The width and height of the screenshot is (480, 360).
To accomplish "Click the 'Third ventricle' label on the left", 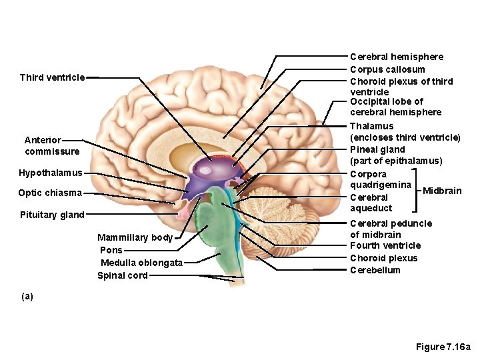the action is pos(52,77).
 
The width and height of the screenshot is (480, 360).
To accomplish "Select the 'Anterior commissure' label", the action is pos(51,146).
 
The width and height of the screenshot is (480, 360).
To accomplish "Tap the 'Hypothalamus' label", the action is pos(51,173).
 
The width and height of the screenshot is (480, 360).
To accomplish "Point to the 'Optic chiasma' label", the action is pos(50,193).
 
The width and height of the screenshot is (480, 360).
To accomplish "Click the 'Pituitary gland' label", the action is pos(51,215).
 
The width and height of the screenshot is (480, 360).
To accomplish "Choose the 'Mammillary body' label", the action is pos(135,237).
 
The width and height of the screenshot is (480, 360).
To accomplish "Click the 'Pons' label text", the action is pos(111,250).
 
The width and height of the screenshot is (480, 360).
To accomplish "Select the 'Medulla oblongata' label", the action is pos(141,263).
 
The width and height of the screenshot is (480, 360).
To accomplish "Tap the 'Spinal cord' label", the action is pos(123,275).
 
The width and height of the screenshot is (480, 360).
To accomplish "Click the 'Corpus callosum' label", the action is pos(387,69).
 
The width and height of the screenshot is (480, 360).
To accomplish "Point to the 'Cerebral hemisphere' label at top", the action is pos(396,57).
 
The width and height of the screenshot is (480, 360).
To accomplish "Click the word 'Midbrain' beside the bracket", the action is pos(442,191).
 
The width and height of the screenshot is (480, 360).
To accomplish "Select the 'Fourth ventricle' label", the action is pos(385,245).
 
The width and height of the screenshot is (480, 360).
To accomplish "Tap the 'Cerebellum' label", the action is pos(375,270).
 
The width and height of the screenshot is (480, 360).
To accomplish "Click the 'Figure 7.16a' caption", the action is pos(443,347).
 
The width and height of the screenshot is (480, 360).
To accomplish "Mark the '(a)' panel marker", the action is pos(27,295).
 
